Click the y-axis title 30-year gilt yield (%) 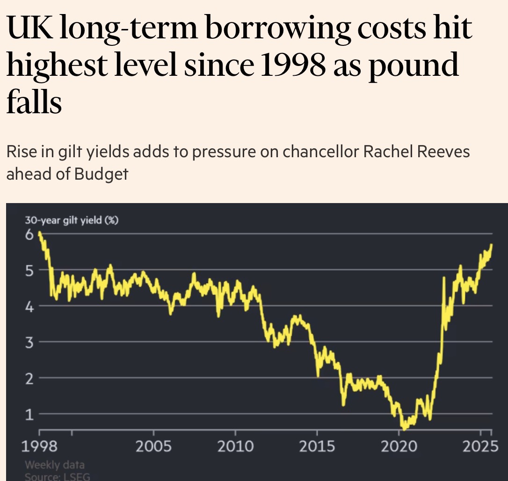(x=72, y=220)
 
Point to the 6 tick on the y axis (x=29, y=234)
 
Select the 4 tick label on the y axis (x=29, y=306)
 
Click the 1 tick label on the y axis (x=29, y=414)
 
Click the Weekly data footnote (x=55, y=466)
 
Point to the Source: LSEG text (x=58, y=476)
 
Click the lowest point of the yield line (x=404, y=428)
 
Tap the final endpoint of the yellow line (x=492, y=244)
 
